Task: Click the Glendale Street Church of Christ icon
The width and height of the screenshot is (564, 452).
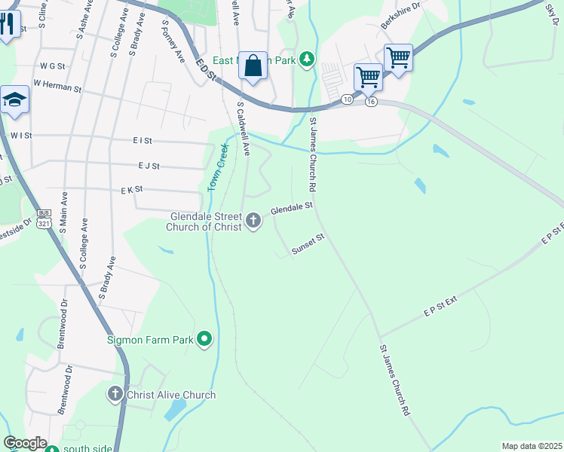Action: (x=253, y=221)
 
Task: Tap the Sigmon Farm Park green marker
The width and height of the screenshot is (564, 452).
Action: (x=204, y=341)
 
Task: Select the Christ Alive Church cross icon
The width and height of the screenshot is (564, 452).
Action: (x=115, y=393)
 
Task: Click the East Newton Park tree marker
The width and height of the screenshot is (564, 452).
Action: (x=306, y=60)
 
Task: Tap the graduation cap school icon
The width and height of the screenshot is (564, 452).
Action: (x=14, y=101)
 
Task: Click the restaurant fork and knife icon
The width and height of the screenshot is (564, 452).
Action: (x=7, y=23)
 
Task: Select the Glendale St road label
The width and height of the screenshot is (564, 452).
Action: (x=292, y=207)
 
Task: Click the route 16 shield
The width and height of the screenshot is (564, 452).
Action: (x=371, y=102)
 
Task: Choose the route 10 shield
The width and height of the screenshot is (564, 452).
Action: (x=346, y=99)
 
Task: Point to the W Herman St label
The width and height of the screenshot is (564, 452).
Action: (x=57, y=87)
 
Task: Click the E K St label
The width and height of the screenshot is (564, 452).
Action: (x=131, y=191)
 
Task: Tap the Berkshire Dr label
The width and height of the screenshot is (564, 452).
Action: (x=400, y=16)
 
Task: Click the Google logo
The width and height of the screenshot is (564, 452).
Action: (x=24, y=442)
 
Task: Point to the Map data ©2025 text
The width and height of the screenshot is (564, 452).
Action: (x=531, y=446)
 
